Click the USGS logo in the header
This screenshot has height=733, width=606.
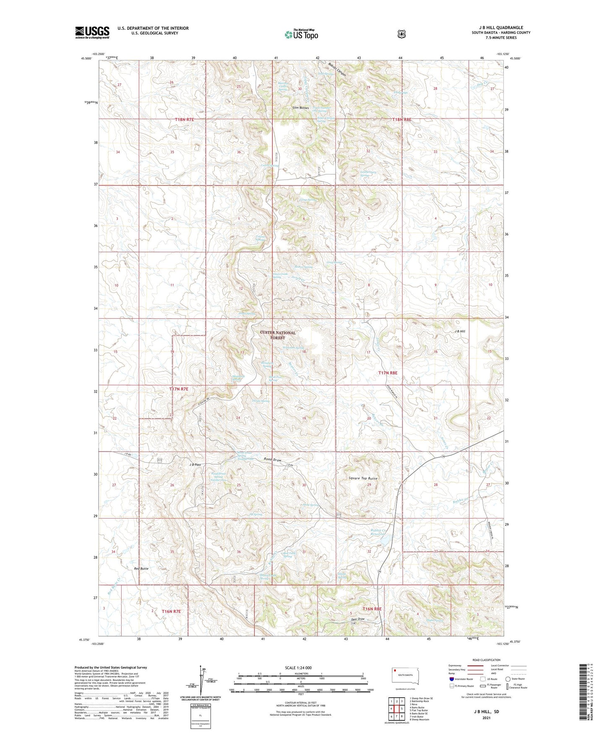pos(92,32)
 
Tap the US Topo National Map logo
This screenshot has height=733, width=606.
pos(301,34)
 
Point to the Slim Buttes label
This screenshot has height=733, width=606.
pos(301,108)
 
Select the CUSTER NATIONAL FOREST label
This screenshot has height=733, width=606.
pos(278,335)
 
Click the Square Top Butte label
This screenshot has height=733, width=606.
pos(363,479)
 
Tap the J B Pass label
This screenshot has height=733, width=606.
pos(195,465)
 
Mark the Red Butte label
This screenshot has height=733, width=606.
pos(141,568)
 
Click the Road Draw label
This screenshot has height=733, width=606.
pos(273,460)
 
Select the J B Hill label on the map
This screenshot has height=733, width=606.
pos(460,331)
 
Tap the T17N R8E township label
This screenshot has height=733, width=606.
pos(388,373)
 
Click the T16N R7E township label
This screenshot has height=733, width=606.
pos(171,612)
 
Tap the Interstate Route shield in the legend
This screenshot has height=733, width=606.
pos(451,679)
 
